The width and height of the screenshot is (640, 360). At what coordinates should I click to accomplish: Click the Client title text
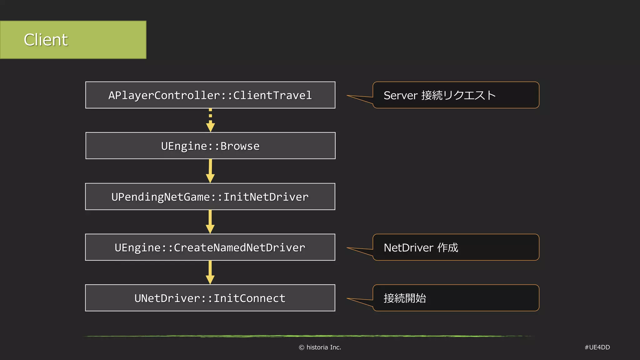click(46, 40)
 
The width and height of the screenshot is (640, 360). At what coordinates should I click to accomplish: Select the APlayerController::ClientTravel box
click(210, 95)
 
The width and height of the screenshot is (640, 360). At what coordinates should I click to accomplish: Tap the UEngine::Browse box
click(210, 146)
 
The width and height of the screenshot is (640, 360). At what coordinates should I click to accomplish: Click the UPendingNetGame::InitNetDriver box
click(210, 197)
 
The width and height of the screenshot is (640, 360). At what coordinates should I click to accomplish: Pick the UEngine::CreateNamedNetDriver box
click(210, 247)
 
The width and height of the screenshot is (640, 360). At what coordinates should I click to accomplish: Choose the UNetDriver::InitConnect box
click(210, 298)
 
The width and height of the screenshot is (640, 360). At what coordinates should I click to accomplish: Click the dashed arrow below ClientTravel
click(210, 120)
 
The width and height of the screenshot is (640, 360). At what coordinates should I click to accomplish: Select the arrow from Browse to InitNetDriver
click(210, 171)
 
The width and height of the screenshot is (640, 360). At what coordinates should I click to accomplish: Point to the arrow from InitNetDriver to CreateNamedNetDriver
click(210, 222)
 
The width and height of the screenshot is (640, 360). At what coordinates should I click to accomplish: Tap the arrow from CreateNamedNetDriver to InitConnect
click(210, 272)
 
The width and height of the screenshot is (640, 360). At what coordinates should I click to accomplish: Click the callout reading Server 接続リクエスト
click(456, 95)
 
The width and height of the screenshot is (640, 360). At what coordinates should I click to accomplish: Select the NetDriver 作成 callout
click(456, 247)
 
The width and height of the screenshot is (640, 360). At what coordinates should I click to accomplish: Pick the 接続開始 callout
click(456, 298)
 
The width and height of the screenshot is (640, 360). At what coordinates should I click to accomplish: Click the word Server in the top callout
click(400, 95)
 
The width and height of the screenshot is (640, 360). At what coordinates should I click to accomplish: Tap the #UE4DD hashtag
click(597, 347)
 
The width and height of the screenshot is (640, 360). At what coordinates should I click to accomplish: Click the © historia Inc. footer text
click(320, 347)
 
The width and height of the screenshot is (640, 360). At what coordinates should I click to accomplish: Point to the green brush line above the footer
click(308, 336)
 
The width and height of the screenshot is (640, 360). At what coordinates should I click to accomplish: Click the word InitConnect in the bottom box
click(249, 298)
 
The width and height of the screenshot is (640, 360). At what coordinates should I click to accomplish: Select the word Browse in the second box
click(240, 146)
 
